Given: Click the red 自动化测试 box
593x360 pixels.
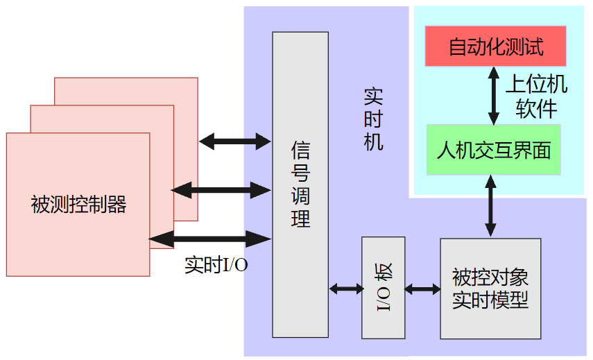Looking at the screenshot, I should [495, 46].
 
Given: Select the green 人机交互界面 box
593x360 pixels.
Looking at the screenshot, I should [493, 150].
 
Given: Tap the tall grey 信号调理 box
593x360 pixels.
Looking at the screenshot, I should [300, 184].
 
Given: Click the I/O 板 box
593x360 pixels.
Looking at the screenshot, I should [383, 287].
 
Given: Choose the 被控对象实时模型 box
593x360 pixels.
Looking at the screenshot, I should [490, 287].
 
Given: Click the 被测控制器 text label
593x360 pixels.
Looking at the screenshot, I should [78, 205].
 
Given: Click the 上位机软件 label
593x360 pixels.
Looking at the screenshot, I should [536, 96].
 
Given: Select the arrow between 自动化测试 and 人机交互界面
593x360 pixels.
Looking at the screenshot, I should [493, 96].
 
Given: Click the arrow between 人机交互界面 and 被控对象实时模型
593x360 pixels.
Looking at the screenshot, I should [491, 205].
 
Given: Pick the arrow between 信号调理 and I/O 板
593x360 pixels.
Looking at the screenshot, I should [345, 288].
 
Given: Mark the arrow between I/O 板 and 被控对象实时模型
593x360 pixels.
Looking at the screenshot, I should [422, 288].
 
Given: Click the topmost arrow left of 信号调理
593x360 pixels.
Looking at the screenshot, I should [234, 142].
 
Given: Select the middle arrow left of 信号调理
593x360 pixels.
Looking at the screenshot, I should [221, 189].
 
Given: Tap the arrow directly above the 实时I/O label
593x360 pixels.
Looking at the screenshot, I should [210, 239].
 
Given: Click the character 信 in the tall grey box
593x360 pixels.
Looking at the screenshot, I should [300, 149].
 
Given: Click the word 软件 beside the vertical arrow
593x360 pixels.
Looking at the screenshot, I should [536, 108].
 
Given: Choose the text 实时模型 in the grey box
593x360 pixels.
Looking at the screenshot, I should [490, 300].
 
